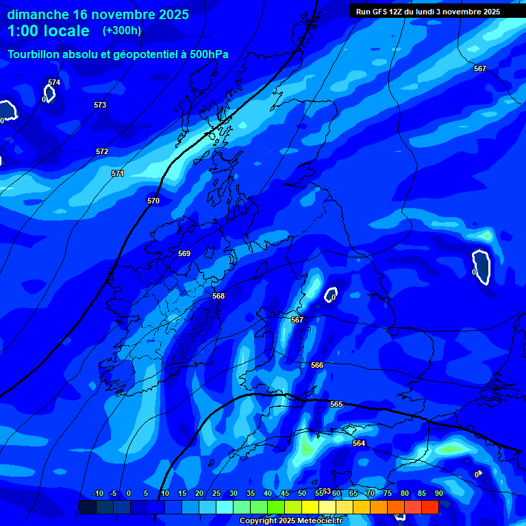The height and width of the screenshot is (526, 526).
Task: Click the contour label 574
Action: [54, 82]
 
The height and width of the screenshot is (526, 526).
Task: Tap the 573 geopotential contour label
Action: [100, 105]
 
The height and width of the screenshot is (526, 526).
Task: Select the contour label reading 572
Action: [102, 151]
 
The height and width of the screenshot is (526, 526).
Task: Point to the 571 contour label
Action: [118, 173]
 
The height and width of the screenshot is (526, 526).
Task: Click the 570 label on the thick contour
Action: [153, 201]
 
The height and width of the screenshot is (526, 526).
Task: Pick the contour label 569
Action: [184, 253]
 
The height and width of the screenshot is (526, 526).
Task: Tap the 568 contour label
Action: [218, 296]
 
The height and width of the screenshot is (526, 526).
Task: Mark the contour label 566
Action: [317, 365]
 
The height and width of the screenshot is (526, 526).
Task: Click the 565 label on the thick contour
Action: [336, 404]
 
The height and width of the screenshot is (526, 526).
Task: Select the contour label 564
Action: [359, 443]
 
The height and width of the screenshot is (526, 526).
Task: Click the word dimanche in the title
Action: [38, 14]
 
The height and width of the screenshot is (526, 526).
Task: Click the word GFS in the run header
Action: [382, 12]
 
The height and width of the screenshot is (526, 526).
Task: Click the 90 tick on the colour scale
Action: [438, 493]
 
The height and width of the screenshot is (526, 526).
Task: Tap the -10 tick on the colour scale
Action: [97, 493]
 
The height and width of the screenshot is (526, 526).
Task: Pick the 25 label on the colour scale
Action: [216, 493]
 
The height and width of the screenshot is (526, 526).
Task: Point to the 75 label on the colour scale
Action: [387, 493]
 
